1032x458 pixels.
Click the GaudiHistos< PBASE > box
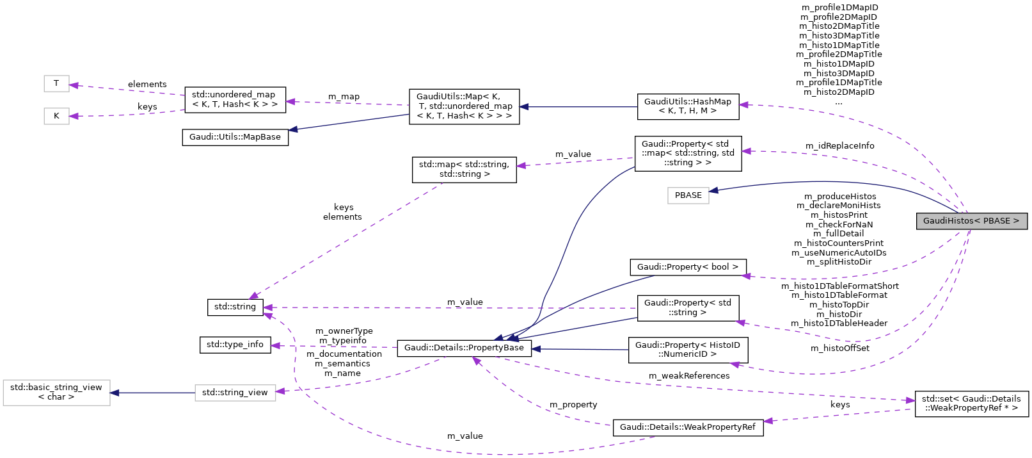[x=971, y=221]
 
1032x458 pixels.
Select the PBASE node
[x=688, y=195]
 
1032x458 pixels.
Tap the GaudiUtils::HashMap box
[x=688, y=106]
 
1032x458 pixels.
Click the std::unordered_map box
[x=234, y=99]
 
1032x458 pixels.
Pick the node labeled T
[x=56, y=83]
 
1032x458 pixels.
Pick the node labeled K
[x=56, y=116]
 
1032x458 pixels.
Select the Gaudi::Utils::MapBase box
[x=235, y=137]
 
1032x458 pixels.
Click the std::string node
[x=235, y=307]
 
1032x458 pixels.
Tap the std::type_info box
[x=235, y=345]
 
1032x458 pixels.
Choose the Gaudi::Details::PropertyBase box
[x=464, y=348]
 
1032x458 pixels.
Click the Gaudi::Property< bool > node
[x=688, y=267]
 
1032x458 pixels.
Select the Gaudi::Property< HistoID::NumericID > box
[x=688, y=350]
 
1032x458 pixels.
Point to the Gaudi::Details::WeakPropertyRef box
[x=688, y=427]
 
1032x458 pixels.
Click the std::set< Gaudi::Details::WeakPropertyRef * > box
[x=971, y=404]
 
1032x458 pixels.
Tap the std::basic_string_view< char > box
[x=56, y=392]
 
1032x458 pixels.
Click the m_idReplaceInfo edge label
[x=839, y=146]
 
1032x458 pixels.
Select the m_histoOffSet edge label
[x=839, y=348]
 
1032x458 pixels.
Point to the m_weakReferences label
[x=688, y=376]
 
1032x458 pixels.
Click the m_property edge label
[x=573, y=405]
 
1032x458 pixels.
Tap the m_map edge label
[x=344, y=97]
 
